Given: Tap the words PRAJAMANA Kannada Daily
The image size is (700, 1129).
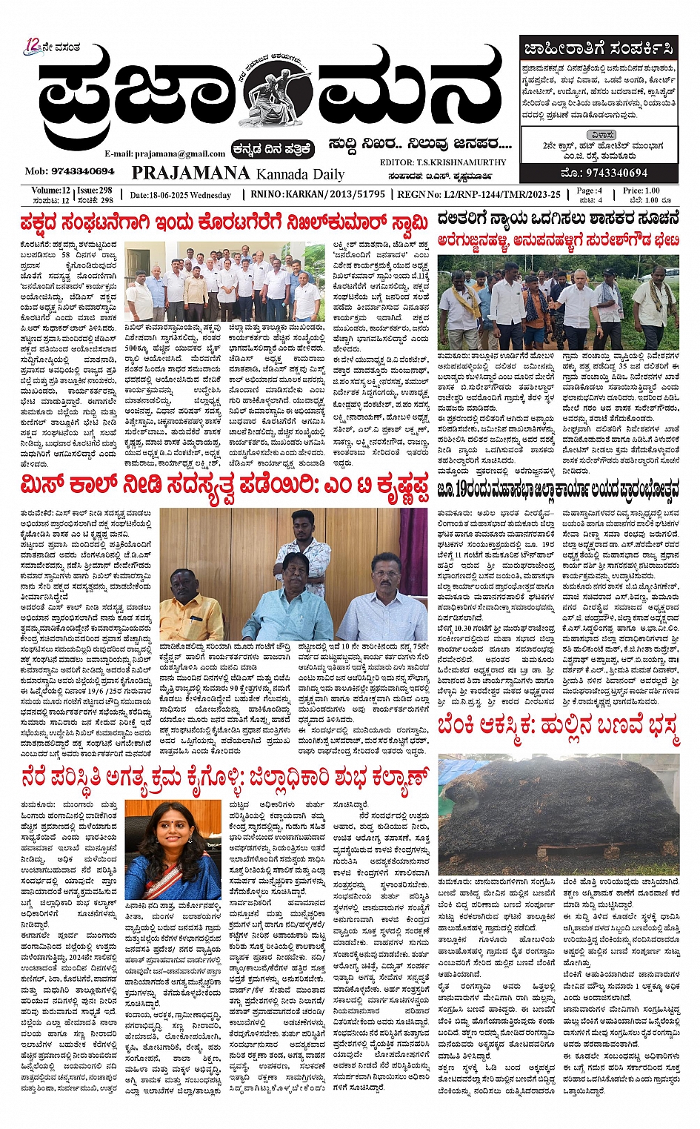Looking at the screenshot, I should pos(238,173).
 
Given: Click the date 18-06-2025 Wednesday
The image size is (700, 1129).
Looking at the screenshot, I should pos(180,196).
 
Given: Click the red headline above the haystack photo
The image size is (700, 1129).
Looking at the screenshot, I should pos(558,729).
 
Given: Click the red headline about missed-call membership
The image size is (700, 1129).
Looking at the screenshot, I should pos(224,489).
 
